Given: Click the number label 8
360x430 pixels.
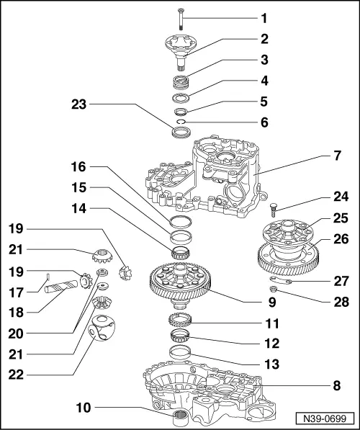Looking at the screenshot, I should coord(336,385).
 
